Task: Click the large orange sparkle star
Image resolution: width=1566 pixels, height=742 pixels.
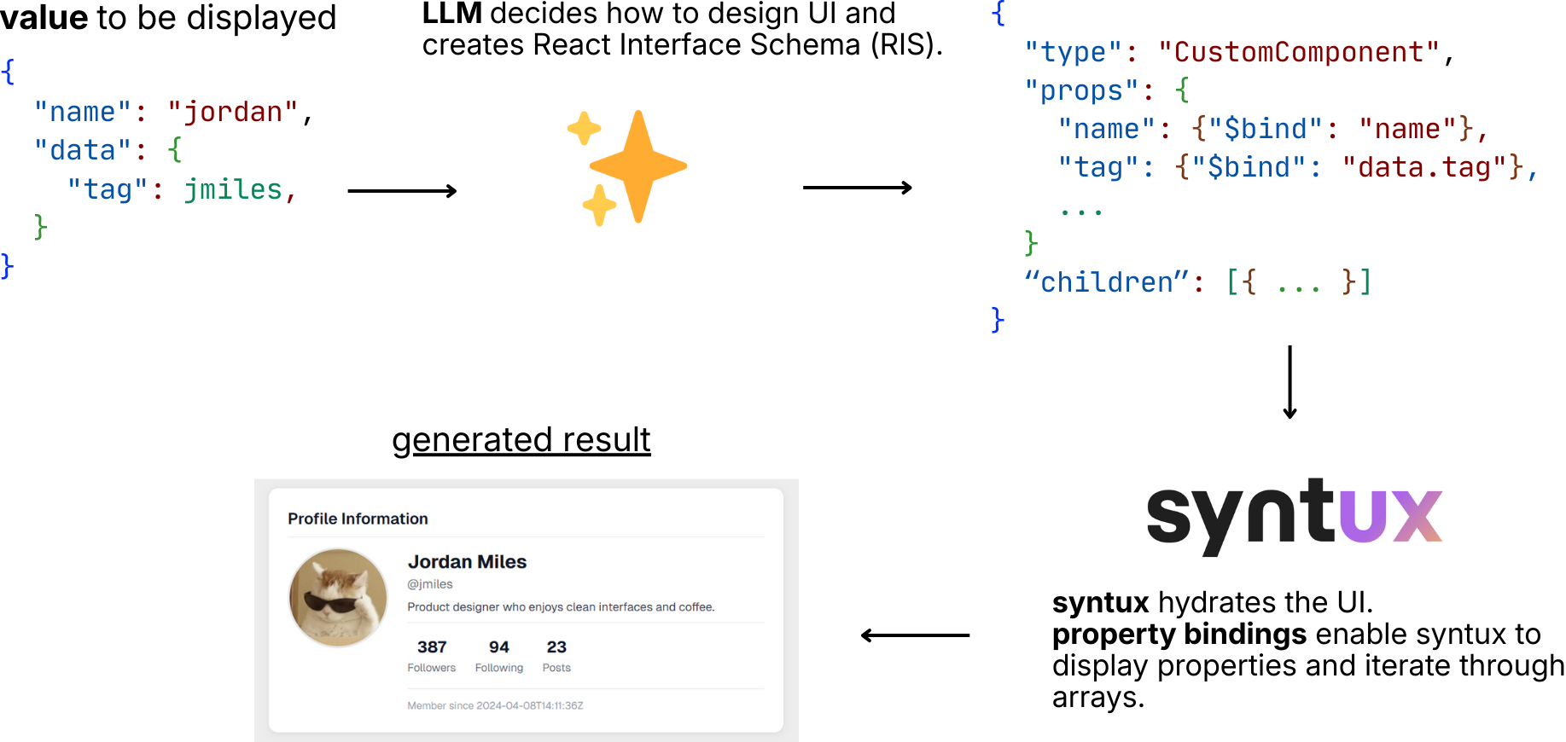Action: click(638, 166)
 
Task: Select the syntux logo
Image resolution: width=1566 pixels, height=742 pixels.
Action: click(1294, 513)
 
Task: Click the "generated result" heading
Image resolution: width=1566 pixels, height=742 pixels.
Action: click(521, 440)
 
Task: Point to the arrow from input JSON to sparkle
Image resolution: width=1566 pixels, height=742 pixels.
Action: click(402, 191)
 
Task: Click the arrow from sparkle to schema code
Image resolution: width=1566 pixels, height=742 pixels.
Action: click(857, 188)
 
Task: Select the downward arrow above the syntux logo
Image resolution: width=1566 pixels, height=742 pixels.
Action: click(1289, 381)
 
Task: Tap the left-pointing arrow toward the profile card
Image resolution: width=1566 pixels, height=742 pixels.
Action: click(915, 635)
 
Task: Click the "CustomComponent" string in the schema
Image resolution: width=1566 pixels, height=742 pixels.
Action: click(1298, 53)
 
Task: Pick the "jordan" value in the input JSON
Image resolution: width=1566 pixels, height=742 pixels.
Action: click(233, 113)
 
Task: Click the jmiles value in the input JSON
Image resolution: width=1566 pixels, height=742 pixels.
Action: click(233, 189)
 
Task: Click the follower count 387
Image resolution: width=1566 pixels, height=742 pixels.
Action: click(432, 647)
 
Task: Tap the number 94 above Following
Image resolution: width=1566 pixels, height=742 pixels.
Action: click(499, 647)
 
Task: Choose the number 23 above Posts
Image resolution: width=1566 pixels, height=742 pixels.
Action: click(556, 647)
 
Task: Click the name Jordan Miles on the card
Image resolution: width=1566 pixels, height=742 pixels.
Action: click(467, 562)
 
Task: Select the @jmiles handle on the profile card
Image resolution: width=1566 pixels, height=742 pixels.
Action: click(430, 584)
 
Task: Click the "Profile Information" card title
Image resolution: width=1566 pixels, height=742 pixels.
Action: click(358, 519)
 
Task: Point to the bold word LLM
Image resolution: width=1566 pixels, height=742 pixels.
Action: click(452, 14)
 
